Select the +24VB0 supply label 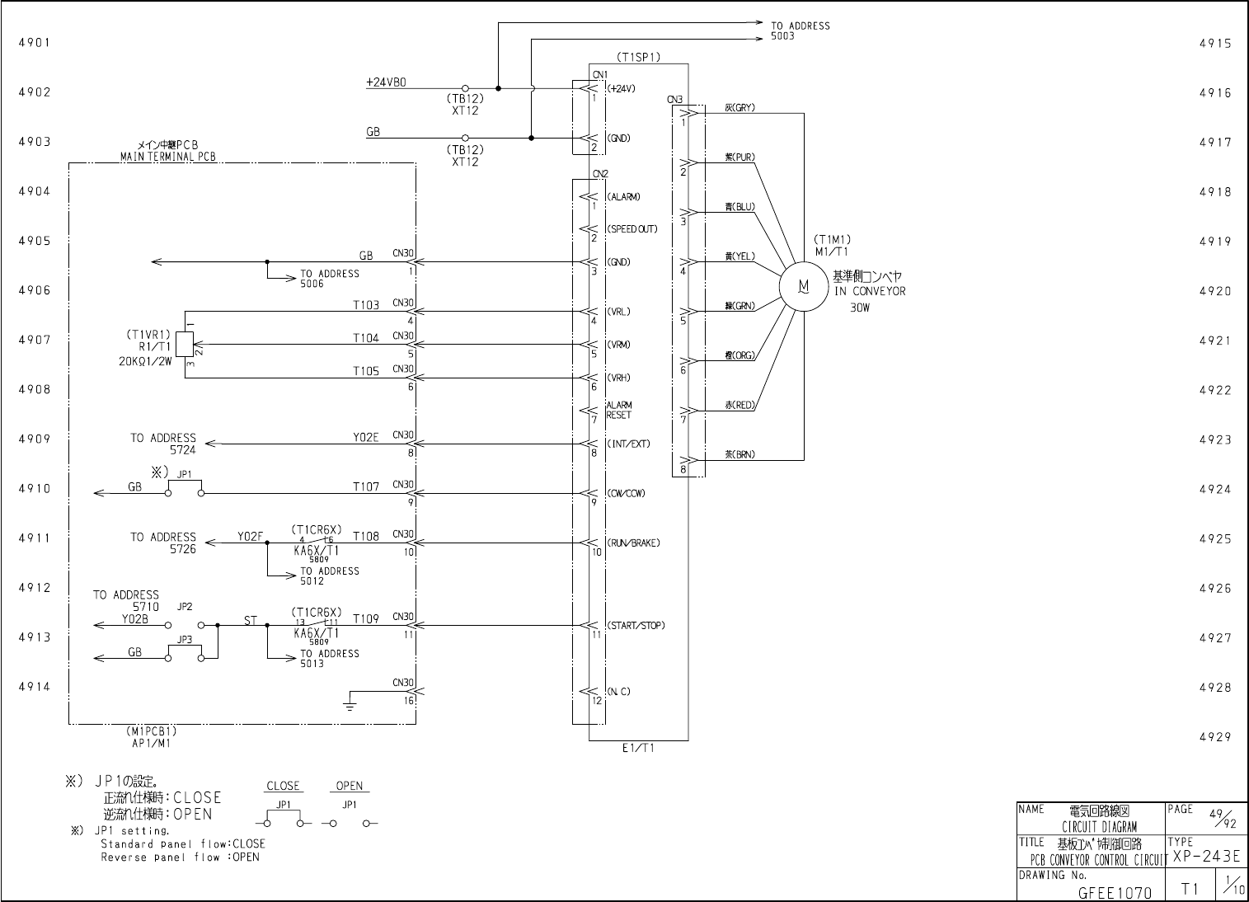pos(386,82)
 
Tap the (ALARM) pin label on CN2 pos(623,197)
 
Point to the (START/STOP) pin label pos(636,625)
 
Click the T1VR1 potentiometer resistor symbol pos(185,345)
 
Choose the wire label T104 pos(366,338)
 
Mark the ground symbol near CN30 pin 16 pos(350,703)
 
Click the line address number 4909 pos(35,439)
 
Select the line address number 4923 pos(1215,439)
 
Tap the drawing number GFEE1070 pos(1115,892)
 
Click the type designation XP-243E pos(1206,857)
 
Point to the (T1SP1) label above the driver pos(638,58)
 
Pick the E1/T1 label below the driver pos(638,748)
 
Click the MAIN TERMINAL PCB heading pos(168,157)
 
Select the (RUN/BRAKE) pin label pos(633,543)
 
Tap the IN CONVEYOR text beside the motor pos(869,291)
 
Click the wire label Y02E pos(366,437)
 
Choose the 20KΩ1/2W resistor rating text pos(144,359)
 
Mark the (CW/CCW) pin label pos(626,493)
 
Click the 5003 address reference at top pos(783,36)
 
